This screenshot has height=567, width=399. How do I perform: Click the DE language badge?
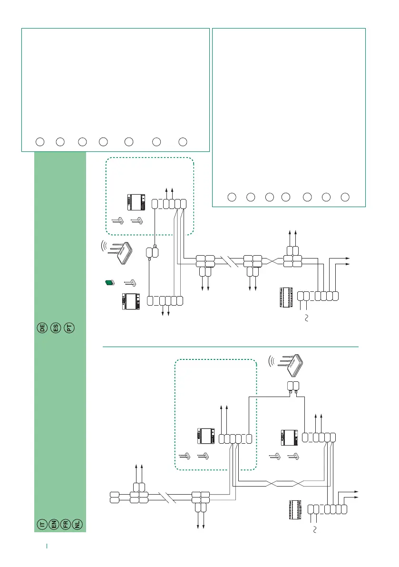(x=42, y=328)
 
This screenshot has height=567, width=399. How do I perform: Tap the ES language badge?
(x=56, y=328)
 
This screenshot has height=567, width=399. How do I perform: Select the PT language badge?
(x=70, y=328)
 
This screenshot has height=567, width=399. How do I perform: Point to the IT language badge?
(x=42, y=524)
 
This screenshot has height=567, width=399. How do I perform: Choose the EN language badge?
(x=54, y=524)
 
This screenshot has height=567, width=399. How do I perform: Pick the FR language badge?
(x=66, y=524)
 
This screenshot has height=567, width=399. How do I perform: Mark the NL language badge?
(x=78, y=524)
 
